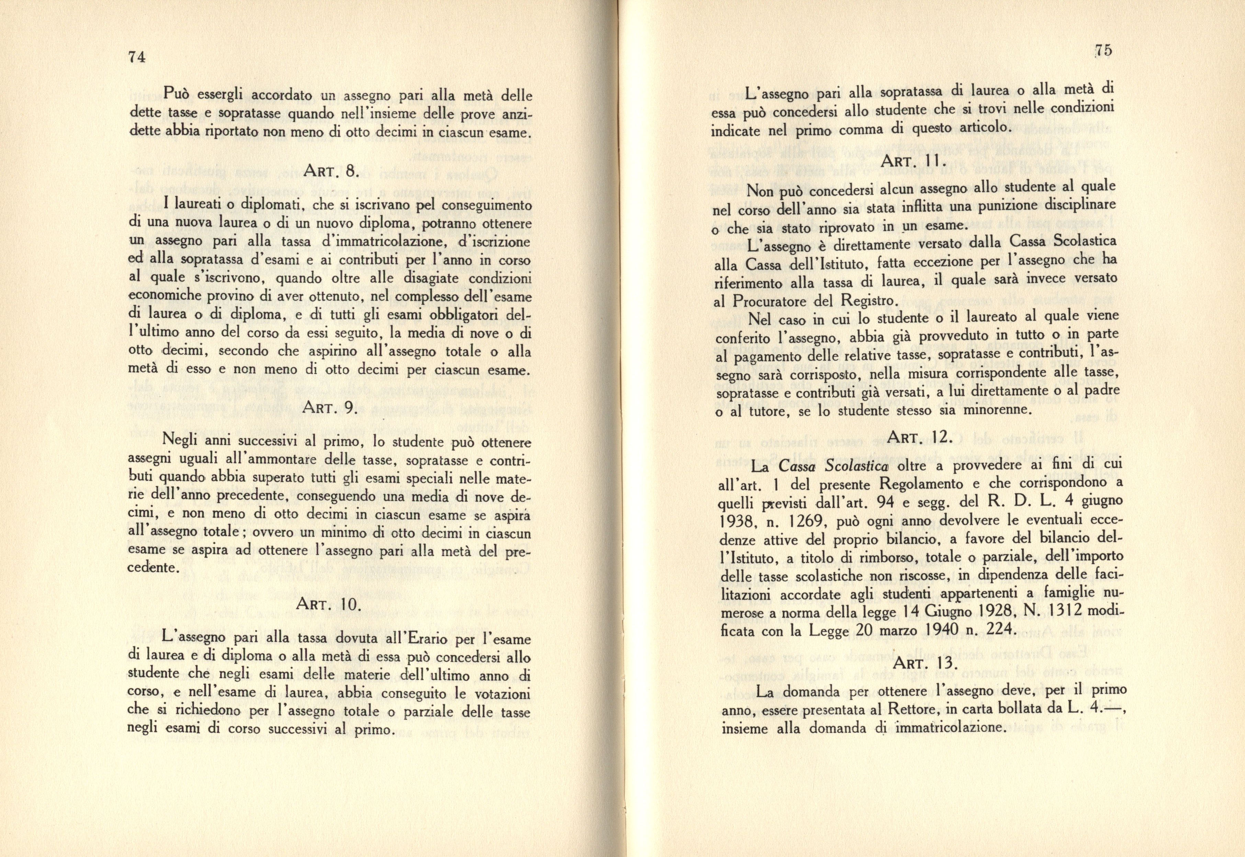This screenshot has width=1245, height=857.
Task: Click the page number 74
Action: click(x=137, y=57)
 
